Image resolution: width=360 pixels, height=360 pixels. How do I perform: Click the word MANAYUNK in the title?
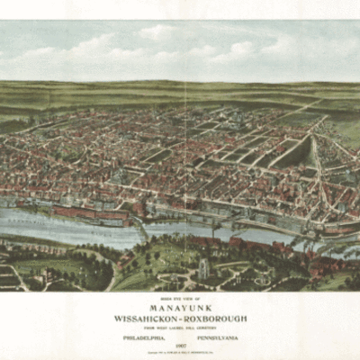pos(179,304)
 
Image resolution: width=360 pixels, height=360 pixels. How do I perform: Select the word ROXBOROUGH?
pos(213,318)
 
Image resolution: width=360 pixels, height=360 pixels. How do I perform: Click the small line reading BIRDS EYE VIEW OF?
pos(179,295)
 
